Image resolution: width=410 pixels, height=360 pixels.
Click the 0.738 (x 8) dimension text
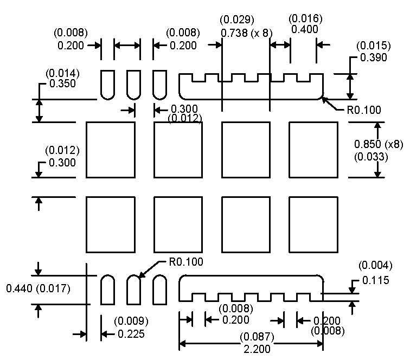(246, 33)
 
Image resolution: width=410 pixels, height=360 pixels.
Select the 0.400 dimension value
(305, 30)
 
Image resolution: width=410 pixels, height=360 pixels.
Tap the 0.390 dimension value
(372, 58)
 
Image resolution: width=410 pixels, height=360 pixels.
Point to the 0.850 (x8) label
(379, 145)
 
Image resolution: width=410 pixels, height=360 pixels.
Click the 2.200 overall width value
(257, 349)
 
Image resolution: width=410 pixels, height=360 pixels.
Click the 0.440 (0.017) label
(38, 288)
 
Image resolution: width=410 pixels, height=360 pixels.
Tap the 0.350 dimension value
(62, 83)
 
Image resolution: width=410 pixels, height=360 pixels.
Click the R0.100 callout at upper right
(364, 110)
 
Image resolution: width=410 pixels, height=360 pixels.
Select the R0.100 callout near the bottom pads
(187, 262)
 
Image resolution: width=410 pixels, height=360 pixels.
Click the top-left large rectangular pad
(110, 150)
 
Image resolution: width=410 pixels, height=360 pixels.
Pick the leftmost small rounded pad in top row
(107, 85)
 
